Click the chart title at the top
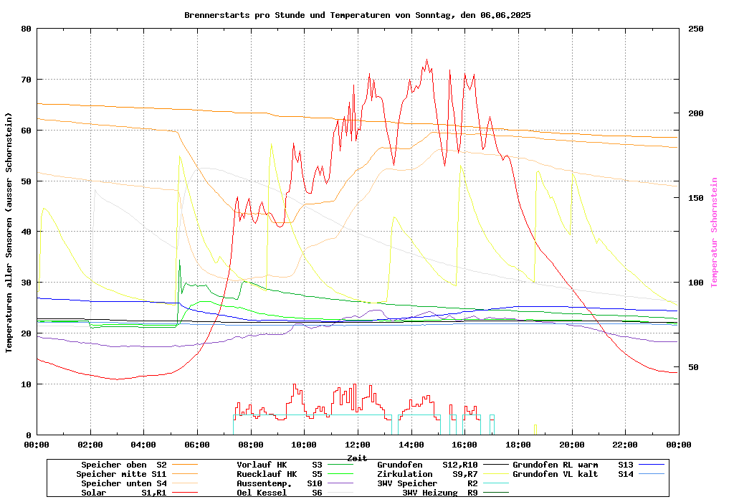[x=357, y=14]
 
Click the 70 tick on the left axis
[x=27, y=80]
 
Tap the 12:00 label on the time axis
[x=357, y=445]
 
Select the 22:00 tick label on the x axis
[x=625, y=445]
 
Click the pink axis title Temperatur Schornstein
[x=714, y=232]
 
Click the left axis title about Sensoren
[x=9, y=232]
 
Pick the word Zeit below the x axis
[x=357, y=458]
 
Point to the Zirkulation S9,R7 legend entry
[x=427, y=474]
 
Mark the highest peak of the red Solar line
[x=426, y=60]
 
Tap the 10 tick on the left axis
[x=27, y=384]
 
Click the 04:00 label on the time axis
[x=143, y=445]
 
